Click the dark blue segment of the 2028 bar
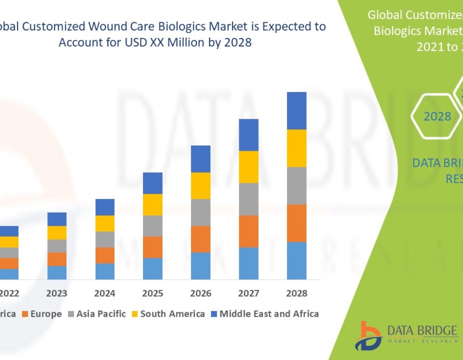pos(296,111)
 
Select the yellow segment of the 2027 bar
pos(248,167)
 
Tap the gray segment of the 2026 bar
pos(201,212)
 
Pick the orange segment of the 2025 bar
pos(153,247)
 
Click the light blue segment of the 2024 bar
pos(105,271)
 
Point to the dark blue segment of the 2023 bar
pos(57,219)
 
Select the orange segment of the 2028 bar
pos(296,223)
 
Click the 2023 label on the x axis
pos(57,294)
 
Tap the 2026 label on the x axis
pos(201,294)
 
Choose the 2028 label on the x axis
pos(296,294)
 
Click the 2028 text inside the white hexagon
pos(437,117)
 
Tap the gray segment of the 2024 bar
pos(105,239)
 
